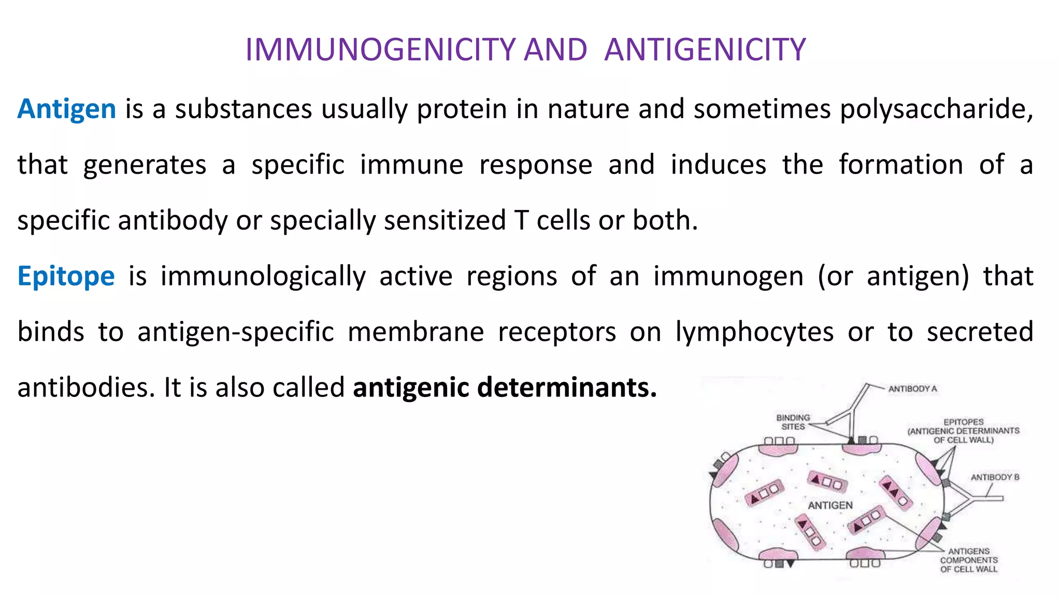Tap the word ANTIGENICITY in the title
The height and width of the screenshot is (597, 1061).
click(705, 50)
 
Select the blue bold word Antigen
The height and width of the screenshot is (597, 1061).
click(67, 109)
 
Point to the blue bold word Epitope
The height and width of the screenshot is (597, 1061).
click(66, 276)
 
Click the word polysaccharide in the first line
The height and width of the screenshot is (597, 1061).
click(936, 109)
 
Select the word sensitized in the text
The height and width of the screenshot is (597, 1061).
click(445, 220)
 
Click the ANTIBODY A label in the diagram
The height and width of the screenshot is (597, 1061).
click(912, 389)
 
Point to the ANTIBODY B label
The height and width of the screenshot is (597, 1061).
click(995, 477)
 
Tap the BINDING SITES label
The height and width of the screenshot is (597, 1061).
click(793, 422)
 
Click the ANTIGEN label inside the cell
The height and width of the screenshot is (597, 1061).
click(830, 505)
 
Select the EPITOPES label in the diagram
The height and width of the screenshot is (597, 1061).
click(963, 431)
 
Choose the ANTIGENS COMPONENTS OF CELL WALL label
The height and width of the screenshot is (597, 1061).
click(969, 560)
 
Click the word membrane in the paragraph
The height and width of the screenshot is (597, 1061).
click(415, 332)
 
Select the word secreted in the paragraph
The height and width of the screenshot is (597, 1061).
click(980, 332)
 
